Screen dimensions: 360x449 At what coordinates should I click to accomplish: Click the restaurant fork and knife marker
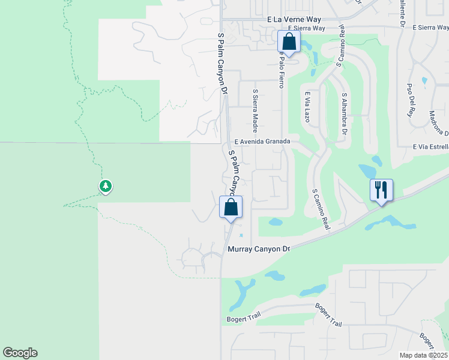click(x=381, y=190)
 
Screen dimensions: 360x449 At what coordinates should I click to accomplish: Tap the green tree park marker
click(x=106, y=186)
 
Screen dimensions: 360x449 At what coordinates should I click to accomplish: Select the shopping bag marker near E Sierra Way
click(x=289, y=42)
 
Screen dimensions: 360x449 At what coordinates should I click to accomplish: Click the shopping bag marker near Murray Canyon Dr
click(x=231, y=208)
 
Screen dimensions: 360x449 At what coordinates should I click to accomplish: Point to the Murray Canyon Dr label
click(x=259, y=248)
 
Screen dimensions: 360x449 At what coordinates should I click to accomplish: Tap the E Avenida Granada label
click(x=262, y=141)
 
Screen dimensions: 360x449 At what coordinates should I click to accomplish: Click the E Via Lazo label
click(x=307, y=107)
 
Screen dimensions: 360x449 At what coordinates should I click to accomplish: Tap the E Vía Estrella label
click(x=430, y=147)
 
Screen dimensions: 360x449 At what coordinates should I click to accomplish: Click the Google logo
click(x=20, y=353)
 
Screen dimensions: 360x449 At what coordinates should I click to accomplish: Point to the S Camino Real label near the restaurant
click(x=322, y=210)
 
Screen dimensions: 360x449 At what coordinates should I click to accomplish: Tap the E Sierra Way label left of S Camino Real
click(x=306, y=28)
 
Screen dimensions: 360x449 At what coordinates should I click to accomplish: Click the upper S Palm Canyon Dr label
click(x=222, y=63)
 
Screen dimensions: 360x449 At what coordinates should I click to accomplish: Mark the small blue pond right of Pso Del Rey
click(x=425, y=80)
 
